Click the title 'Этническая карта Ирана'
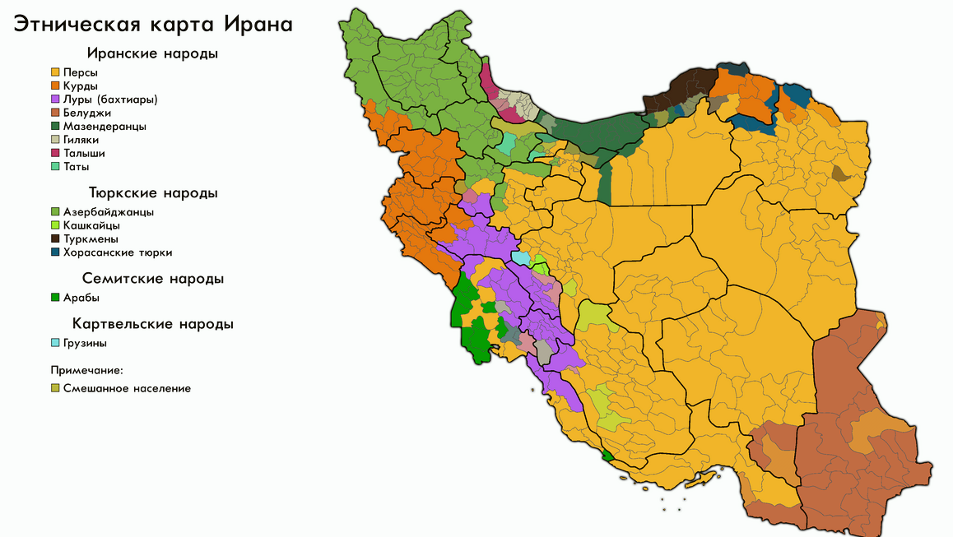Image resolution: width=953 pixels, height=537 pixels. [151, 24]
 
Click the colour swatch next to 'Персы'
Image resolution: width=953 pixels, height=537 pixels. [55, 73]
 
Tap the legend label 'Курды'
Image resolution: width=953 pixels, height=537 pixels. [81, 86]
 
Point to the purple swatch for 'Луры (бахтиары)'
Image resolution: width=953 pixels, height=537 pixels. [55, 100]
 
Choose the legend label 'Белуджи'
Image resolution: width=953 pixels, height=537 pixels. [87, 113]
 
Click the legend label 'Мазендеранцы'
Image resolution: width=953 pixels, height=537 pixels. [105, 127]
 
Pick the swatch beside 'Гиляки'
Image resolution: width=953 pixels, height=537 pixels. [55, 140]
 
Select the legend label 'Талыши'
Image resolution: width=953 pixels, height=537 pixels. [84, 153]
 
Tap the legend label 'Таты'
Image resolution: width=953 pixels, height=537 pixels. [77, 167]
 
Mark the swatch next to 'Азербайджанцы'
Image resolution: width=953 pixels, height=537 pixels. [55, 212]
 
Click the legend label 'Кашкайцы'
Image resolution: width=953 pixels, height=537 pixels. [91, 225]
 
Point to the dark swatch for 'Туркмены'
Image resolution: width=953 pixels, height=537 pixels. [55, 238]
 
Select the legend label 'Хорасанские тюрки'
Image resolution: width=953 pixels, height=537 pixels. [118, 252]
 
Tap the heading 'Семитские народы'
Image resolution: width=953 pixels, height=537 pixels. [152, 279]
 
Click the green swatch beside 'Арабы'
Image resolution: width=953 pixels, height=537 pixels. [55, 298]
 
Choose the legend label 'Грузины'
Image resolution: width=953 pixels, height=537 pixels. [85, 343]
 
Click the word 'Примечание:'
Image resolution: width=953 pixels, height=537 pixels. [86, 370]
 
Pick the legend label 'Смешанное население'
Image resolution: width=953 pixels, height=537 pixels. [127, 388]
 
